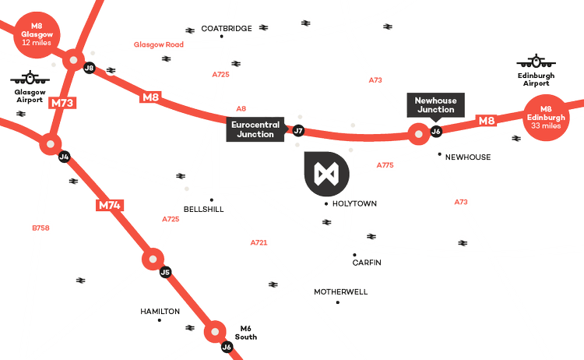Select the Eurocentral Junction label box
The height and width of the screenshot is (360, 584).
click(x=255, y=129)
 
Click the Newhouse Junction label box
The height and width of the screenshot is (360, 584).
click(x=434, y=104)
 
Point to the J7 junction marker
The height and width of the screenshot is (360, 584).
click(x=297, y=131)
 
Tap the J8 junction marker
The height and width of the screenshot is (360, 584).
click(x=89, y=68)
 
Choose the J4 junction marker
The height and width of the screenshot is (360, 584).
click(x=64, y=157)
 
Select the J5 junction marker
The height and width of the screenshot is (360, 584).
click(x=164, y=272)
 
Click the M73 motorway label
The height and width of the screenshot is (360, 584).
click(x=61, y=102)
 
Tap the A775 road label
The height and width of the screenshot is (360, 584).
click(x=385, y=165)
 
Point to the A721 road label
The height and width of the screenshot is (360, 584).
click(x=259, y=243)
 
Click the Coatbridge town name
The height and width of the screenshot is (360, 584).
click(x=226, y=28)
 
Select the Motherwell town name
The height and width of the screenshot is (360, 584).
click(x=340, y=291)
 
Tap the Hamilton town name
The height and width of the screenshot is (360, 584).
click(x=160, y=311)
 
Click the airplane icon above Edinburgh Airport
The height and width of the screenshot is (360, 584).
click(x=537, y=60)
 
